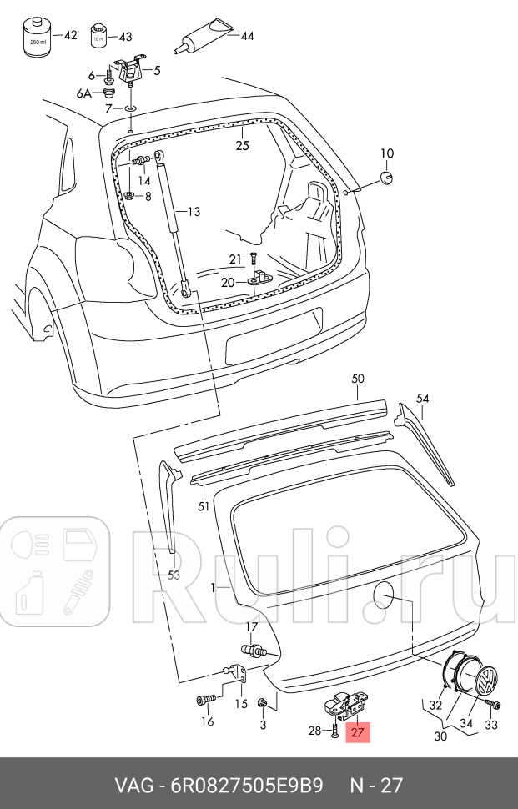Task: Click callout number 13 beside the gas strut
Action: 194,212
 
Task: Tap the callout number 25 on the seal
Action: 242,145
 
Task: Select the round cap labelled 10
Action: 386,178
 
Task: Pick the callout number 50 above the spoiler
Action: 357,379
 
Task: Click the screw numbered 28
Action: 334,731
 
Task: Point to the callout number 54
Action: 423,399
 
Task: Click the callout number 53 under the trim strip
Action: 174,575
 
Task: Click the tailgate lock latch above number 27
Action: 346,705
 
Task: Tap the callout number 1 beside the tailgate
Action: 214,587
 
